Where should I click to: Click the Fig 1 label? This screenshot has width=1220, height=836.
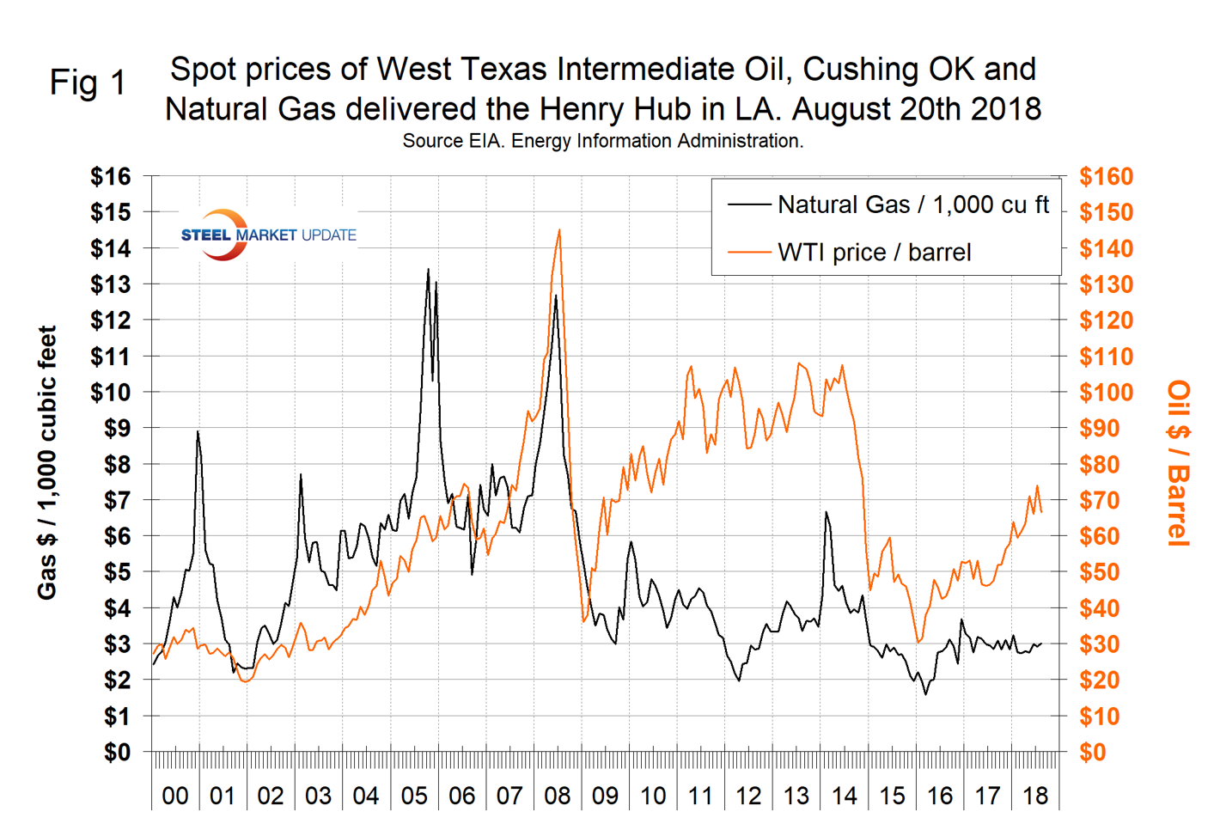[88, 82]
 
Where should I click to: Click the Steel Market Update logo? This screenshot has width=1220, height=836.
[268, 235]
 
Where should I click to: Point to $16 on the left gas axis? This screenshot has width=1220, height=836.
[111, 176]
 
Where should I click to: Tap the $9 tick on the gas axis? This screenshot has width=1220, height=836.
[117, 428]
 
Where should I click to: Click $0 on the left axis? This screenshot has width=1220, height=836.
[117, 752]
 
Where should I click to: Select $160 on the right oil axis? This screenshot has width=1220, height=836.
[1106, 176]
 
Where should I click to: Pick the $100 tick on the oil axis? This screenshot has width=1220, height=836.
[1106, 393]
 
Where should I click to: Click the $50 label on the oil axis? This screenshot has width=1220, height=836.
[1101, 572]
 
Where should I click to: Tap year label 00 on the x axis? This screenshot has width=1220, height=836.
[174, 796]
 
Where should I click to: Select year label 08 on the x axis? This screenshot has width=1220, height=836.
[557, 796]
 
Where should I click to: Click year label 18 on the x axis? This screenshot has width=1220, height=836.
[1035, 796]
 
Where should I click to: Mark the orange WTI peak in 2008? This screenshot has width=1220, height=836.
[559, 230]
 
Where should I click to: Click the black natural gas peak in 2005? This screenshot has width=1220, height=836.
[428, 270]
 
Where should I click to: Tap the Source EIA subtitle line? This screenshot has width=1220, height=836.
[602, 141]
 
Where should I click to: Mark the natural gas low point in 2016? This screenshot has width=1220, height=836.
[925, 694]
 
